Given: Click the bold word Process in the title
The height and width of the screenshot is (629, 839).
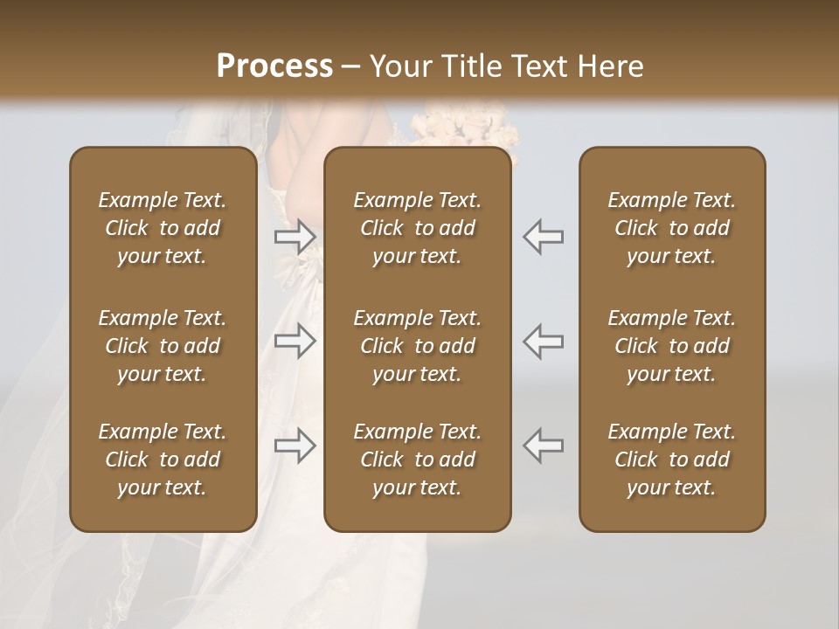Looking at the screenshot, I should pos(274,66).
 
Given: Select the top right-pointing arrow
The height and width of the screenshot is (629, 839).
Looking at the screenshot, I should pos(295,236).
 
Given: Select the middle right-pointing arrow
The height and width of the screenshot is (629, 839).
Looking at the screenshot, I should pos(295,341).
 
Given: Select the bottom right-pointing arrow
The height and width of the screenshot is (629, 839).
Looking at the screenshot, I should pos(295,446).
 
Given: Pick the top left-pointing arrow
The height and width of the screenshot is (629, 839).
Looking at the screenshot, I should pos(544,236).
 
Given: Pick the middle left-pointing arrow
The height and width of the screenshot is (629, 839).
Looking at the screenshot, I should pos(544,341).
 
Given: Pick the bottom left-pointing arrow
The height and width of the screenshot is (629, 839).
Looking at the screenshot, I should pos(544,446).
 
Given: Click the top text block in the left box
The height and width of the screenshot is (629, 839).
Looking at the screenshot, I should pos(163,228).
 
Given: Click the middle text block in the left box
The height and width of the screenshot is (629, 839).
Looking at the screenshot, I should pos(163,346).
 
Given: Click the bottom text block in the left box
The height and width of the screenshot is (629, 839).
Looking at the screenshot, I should pos(163,460).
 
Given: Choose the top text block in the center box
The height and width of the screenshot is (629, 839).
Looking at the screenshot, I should pos(417,228).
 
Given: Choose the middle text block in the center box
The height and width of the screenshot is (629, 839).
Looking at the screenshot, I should pos(417,346).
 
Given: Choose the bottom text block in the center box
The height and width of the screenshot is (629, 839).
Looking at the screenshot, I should pos(417,460).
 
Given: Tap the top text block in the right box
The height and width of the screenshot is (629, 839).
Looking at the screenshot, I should pos(671,228).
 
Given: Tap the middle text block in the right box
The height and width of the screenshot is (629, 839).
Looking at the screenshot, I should pos(671,346).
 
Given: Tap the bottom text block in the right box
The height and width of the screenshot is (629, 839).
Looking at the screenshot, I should pos(671,460).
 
